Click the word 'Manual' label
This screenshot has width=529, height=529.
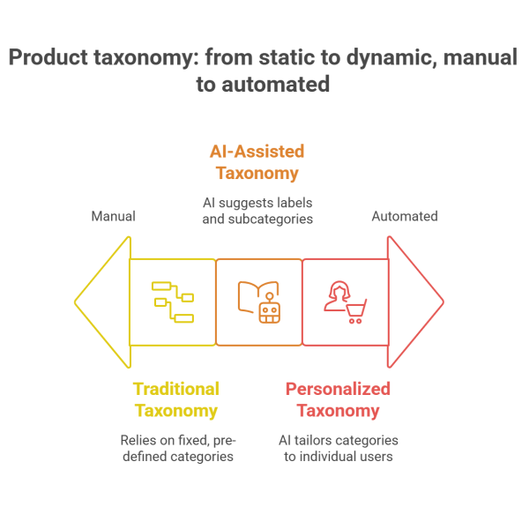click(114, 216)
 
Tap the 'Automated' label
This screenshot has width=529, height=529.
click(405, 216)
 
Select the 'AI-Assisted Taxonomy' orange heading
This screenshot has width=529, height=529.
click(257, 161)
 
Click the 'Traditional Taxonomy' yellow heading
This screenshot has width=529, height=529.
click(175, 399)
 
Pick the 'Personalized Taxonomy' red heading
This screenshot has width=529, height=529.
click(338, 399)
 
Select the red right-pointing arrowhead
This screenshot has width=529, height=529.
click(416, 302)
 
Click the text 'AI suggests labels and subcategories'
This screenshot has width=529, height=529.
click(257, 211)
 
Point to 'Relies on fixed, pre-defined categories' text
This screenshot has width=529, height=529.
click(176, 448)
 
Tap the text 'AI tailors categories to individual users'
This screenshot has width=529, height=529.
click(339, 448)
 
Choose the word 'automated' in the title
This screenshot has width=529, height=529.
click(274, 85)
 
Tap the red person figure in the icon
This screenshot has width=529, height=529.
click(336, 296)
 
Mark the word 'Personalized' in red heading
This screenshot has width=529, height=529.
click(338, 388)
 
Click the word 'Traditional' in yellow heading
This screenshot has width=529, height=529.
click(175, 388)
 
